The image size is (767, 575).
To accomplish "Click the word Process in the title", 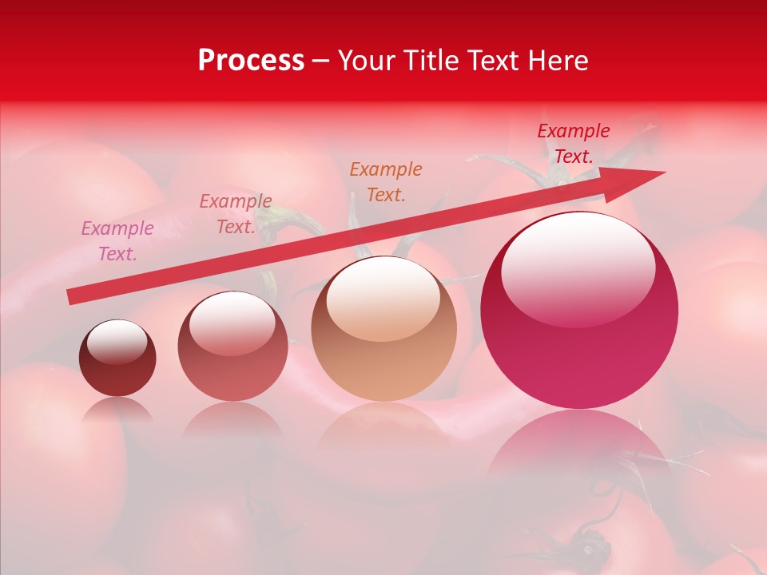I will (x=251, y=61).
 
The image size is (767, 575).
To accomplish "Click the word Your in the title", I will (x=367, y=61).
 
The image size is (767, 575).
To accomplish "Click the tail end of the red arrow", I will (x=72, y=296).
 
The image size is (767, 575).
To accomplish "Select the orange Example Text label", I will (x=386, y=181).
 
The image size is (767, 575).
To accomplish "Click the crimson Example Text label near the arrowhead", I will (x=573, y=144).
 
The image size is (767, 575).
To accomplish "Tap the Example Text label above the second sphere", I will (x=236, y=214).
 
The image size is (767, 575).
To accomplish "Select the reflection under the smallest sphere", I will (x=117, y=410).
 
